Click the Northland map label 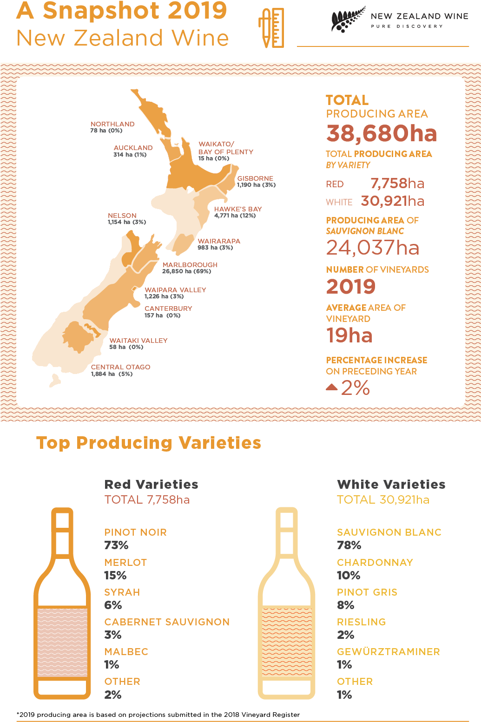coord(112,125)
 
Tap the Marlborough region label coord(190,265)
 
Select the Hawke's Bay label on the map coord(238,209)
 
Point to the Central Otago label coord(120,367)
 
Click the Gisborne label coord(255,178)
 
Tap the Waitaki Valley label coord(138,341)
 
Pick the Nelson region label coord(122,216)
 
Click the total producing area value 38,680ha coord(382,133)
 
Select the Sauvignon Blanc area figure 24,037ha coord(373,248)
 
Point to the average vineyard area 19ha coord(349,335)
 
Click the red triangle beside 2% coord(332,387)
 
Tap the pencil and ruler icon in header coord(271,28)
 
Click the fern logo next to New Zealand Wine coord(348,20)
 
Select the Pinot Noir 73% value coord(116,545)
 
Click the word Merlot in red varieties coord(125,562)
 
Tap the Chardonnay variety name coord(375,562)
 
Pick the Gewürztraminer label coord(389,651)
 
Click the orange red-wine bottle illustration coord(62,604)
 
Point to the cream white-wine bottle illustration coord(287,604)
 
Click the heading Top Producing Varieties coord(149,443)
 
